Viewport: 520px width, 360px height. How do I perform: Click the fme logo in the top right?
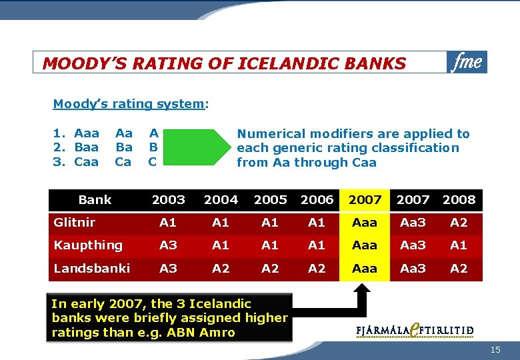467,62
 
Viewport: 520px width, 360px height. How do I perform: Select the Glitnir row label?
75,223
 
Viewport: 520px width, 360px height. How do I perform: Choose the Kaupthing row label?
88,245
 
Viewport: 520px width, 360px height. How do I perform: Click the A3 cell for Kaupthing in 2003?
168,245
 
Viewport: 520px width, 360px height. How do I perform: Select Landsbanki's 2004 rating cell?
220,268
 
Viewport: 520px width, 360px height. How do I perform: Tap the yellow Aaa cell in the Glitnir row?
365,223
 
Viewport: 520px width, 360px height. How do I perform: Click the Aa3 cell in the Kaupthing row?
413,245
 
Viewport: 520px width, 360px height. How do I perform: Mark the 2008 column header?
459,199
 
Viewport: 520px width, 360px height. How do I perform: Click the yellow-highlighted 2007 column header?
365,199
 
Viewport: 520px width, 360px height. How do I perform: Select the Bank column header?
95,199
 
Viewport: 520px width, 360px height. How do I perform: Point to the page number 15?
495,350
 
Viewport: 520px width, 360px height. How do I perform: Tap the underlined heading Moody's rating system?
128,104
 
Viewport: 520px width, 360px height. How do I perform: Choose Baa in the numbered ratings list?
86,147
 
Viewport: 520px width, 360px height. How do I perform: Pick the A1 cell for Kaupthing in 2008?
459,245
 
